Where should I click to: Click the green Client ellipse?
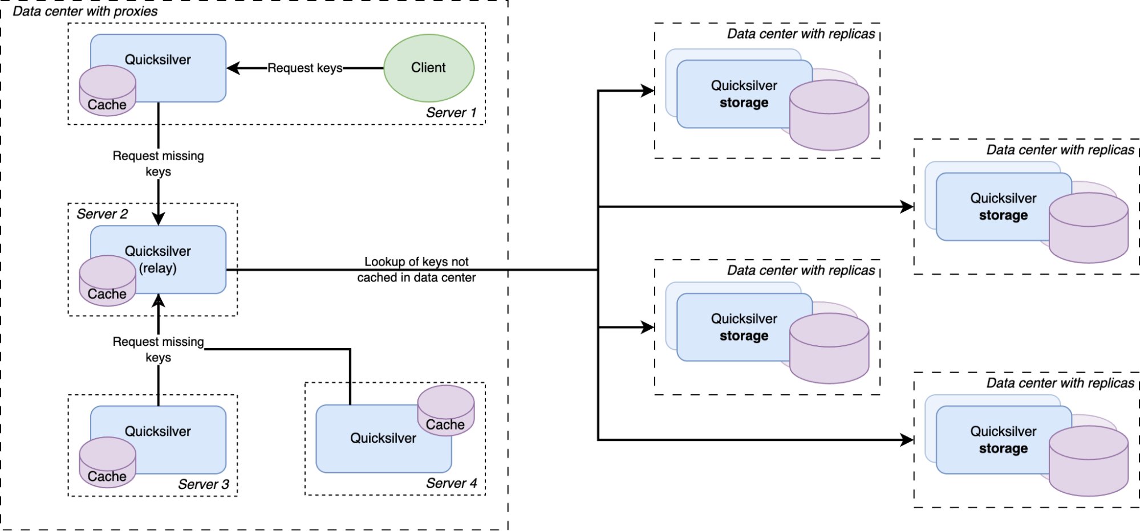428,68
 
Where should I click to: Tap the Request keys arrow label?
305,68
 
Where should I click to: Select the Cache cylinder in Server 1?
107,91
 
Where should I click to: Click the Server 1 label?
451,113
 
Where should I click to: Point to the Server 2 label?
102,214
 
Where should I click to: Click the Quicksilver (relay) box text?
158,259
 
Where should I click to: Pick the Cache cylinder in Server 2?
107,281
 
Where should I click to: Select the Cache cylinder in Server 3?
107,463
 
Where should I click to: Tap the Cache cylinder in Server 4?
445,411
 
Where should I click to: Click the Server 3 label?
203,484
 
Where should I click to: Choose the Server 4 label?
451,484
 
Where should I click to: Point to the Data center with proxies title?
85,11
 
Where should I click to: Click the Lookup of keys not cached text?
416,269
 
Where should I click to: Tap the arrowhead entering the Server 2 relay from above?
159,219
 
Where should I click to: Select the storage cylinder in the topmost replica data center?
829,116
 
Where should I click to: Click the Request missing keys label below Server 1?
158,164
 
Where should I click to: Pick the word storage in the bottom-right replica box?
1003,449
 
